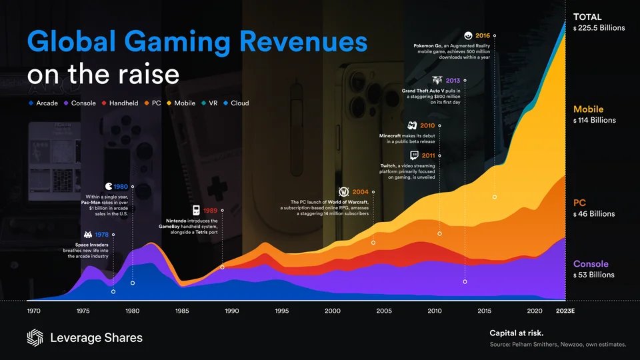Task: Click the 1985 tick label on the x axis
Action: pyautogui.click(x=183, y=311)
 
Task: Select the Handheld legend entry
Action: pyautogui.click(x=124, y=103)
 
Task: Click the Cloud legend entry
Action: pyautogui.click(x=235, y=103)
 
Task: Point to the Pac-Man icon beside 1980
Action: pyautogui.click(x=109, y=186)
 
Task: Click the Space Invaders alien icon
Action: pyautogui.click(x=89, y=235)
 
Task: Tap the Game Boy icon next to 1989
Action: pyautogui.click(x=197, y=210)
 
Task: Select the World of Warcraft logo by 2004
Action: pyautogui.click(x=345, y=192)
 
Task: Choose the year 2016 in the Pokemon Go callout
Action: pyautogui.click(x=483, y=35)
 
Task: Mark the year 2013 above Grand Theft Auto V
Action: pyautogui.click(x=453, y=81)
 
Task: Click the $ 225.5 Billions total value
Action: pyautogui.click(x=598, y=28)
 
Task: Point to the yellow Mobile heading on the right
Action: pyautogui.click(x=588, y=109)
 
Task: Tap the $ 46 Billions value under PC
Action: pyautogui.click(x=593, y=214)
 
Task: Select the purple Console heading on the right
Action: pyautogui.click(x=591, y=264)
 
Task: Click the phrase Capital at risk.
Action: pyautogui.click(x=516, y=333)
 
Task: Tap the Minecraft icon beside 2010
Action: pyautogui.click(x=412, y=125)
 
